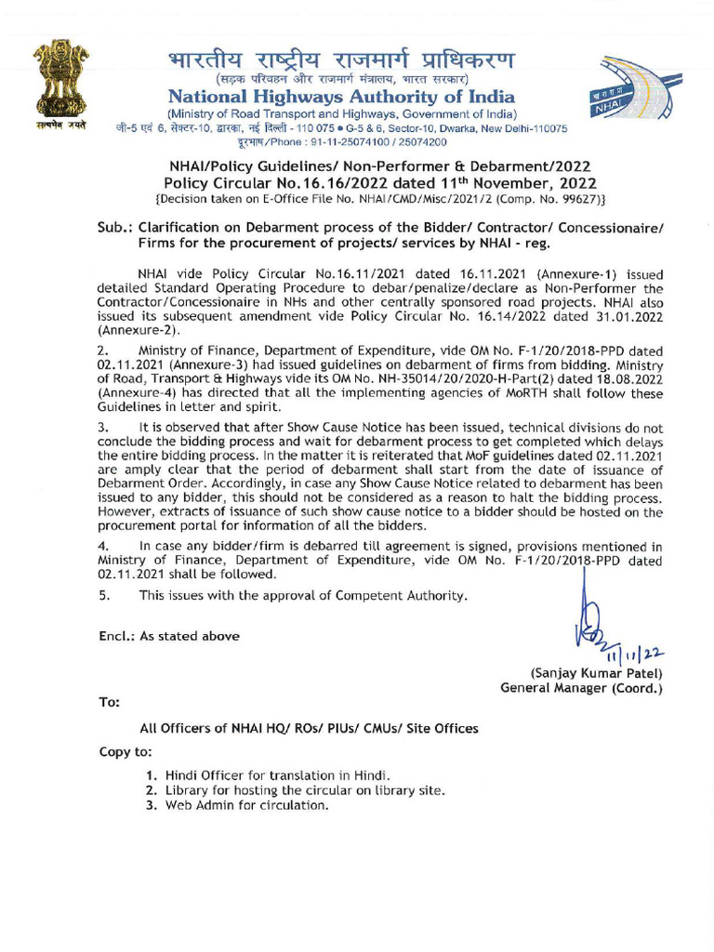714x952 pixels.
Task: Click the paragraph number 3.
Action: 103,426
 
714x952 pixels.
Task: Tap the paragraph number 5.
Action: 103,595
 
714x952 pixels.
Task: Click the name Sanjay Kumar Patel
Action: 595,673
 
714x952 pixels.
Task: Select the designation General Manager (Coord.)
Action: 581,688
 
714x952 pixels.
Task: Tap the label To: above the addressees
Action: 109,701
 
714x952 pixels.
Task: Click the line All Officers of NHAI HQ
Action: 308,729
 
